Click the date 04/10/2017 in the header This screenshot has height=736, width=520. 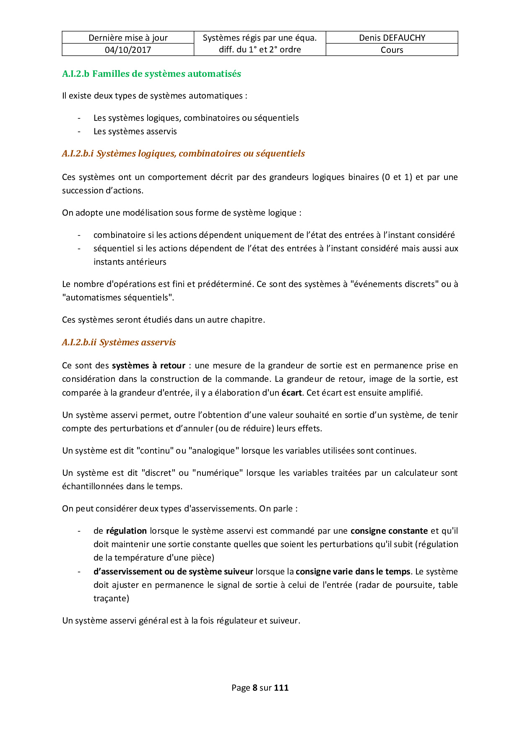click(x=128, y=50)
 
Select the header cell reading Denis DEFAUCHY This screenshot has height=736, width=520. click(x=392, y=38)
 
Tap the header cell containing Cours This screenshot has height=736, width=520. click(x=392, y=50)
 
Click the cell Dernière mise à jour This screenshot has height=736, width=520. click(x=128, y=38)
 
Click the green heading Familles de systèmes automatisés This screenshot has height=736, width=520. click(x=151, y=74)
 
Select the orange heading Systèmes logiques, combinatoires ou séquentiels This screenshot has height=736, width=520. click(x=183, y=154)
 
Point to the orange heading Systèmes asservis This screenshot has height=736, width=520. click(x=119, y=342)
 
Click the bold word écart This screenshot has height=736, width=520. click(x=291, y=393)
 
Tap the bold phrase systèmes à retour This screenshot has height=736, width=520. click(x=148, y=366)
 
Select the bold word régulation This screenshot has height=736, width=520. click(x=126, y=531)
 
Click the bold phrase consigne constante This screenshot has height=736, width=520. click(x=389, y=531)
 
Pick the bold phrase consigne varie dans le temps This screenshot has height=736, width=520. click(x=353, y=572)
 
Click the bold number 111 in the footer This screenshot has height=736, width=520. click(x=281, y=688)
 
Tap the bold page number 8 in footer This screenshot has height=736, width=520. click(x=255, y=688)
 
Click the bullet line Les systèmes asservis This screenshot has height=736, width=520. click(x=135, y=131)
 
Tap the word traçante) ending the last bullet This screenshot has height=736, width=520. click(x=111, y=598)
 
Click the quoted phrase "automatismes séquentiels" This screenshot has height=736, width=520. click(x=118, y=298)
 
